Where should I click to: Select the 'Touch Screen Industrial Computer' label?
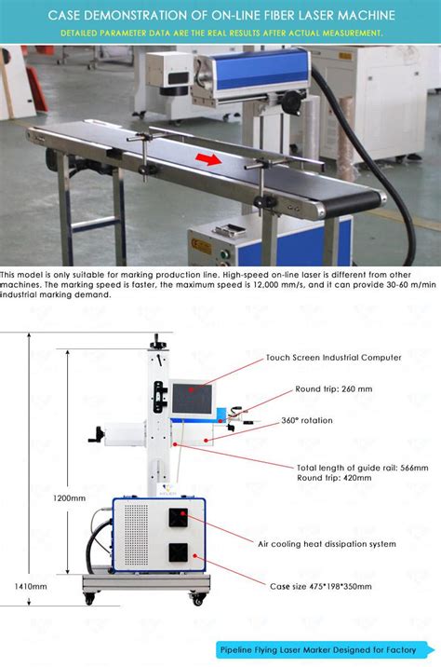pyautogui.click(x=333, y=357)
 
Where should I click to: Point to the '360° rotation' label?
pyautogui.click(x=306, y=420)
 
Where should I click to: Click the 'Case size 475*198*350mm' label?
pyautogui.click(x=320, y=586)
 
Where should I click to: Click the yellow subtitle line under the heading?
pyautogui.click(x=220, y=33)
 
